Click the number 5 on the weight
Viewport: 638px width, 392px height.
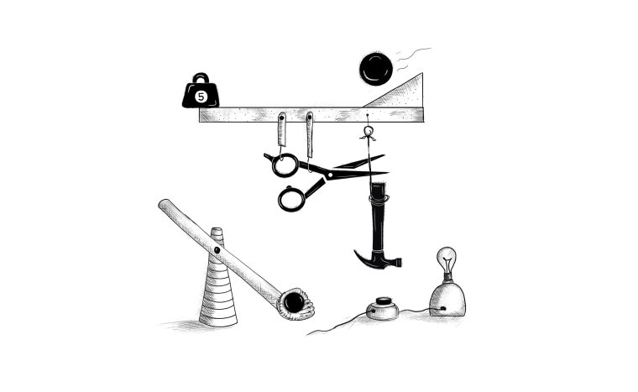[x=201, y=97]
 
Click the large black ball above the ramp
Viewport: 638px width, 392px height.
[x=376, y=69]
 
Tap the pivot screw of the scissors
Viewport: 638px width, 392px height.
[x=329, y=175]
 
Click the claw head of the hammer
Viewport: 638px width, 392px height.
[x=378, y=259]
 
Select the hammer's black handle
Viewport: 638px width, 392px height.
[x=379, y=217]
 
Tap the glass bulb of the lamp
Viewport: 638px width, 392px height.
[x=447, y=259]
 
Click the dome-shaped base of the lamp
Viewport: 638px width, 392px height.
[x=447, y=300]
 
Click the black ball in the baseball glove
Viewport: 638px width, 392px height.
[x=294, y=302]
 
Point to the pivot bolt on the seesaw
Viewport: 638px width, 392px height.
[x=217, y=250]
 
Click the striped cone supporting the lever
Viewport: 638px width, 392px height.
[x=218, y=281]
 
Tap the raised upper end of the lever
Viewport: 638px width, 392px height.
[x=164, y=204]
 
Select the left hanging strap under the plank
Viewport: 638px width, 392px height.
[x=281, y=129]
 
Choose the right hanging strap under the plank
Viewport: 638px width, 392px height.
[x=310, y=134]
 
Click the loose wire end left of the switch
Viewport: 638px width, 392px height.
[x=308, y=334]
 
